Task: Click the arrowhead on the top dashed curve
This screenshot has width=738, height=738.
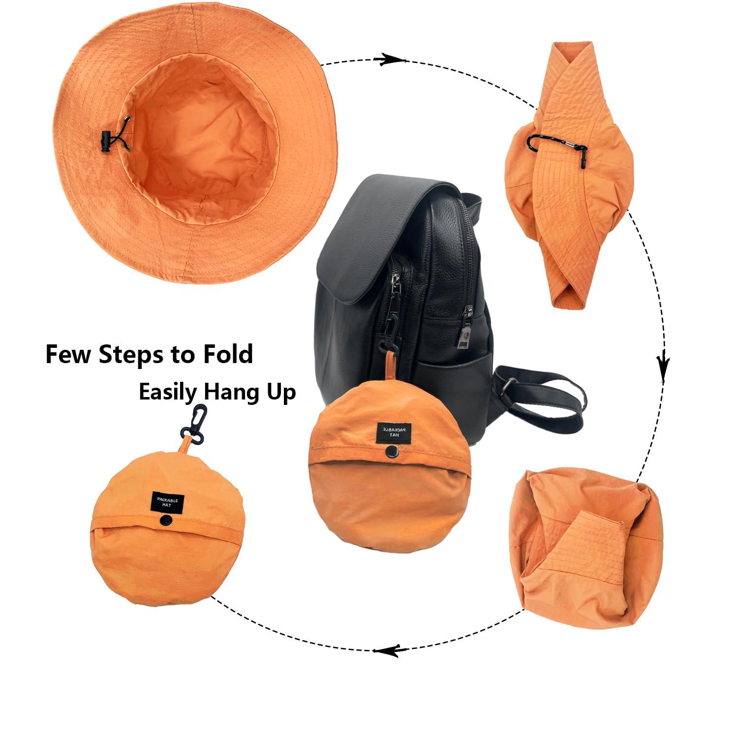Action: point(389,60)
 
